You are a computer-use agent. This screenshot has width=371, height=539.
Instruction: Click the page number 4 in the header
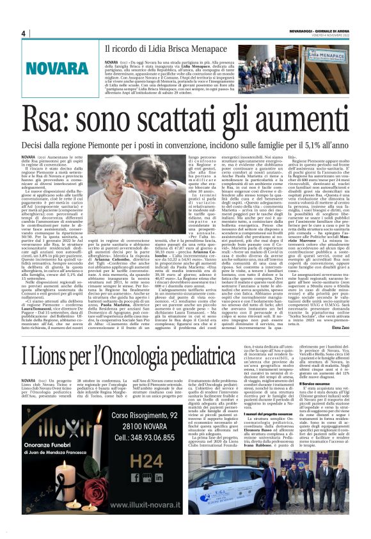pyautogui.click(x=22, y=33)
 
